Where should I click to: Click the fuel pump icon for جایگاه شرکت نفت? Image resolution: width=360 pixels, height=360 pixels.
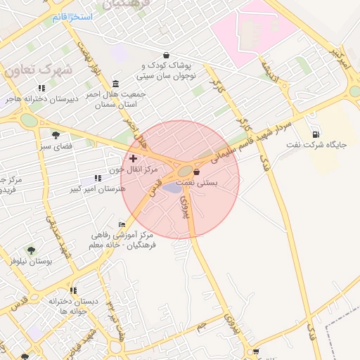coord(314,134)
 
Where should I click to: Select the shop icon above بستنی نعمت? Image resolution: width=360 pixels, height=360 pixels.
coord(196,172)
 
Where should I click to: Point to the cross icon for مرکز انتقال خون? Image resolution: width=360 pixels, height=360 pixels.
coord(133,158)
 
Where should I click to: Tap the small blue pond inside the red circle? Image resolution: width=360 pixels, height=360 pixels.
coord(172,188)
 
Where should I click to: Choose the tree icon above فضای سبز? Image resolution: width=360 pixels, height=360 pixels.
coord(56,135)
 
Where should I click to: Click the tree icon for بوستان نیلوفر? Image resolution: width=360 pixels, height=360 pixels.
coord(30,250)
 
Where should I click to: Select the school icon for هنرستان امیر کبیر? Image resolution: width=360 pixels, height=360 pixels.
coord(97,179)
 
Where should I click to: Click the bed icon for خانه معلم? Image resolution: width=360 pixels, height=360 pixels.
coord(122,224)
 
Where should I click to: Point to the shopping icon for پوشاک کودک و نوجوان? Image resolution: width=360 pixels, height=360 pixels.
coord(166,55)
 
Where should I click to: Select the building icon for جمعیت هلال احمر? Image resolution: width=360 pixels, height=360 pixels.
coord(115,84)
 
